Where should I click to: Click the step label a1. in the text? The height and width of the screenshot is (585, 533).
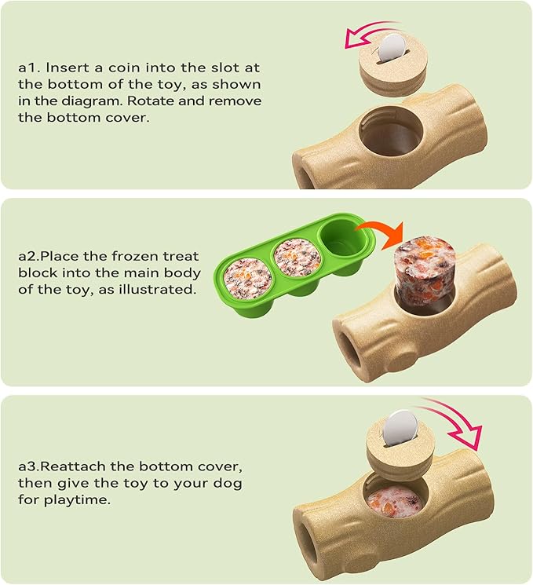(28, 68)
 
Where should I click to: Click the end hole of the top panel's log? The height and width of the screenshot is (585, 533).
(304, 170)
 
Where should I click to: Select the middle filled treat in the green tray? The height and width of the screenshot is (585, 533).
(296, 258)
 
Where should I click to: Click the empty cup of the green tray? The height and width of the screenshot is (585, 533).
(340, 238)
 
